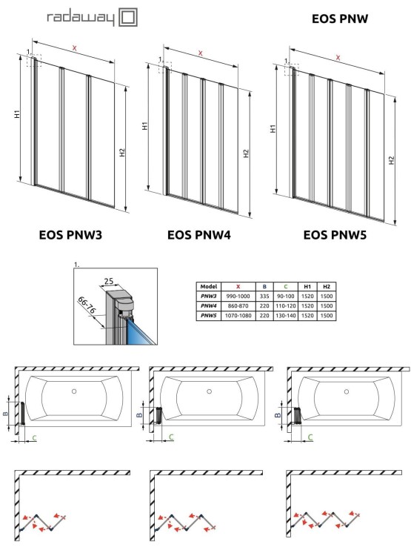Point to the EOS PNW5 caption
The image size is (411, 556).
[x=335, y=236]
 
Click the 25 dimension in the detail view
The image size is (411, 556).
[x=110, y=282]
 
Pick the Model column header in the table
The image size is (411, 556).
[x=208, y=285]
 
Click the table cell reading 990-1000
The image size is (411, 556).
[x=237, y=296]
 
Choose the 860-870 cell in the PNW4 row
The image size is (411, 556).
[x=237, y=305]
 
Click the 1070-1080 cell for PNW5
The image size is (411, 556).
[x=237, y=316]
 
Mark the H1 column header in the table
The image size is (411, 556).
[x=307, y=285]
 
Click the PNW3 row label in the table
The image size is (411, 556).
[x=208, y=296]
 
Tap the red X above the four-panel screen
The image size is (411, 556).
[x=200, y=53]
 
